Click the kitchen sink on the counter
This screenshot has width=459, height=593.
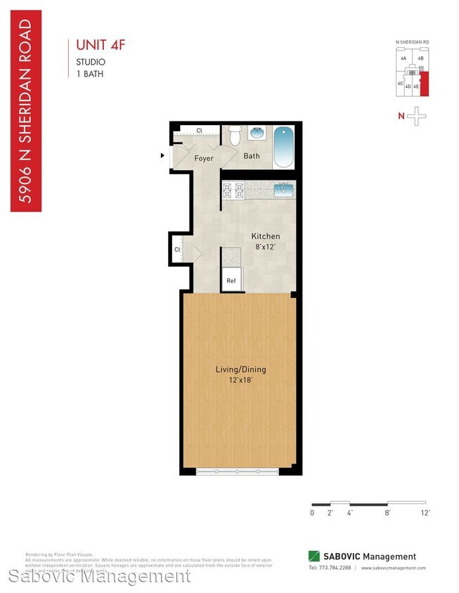[283, 188]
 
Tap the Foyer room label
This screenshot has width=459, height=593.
[203, 159]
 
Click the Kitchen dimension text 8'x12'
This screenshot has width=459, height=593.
[266, 247]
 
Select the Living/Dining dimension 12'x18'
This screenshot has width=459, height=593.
[240, 380]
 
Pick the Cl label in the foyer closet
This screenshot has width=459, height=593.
[199, 131]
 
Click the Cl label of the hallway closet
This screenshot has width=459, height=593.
[178, 249]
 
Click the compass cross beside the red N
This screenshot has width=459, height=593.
[418, 116]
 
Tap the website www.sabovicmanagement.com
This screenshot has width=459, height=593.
[394, 568]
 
